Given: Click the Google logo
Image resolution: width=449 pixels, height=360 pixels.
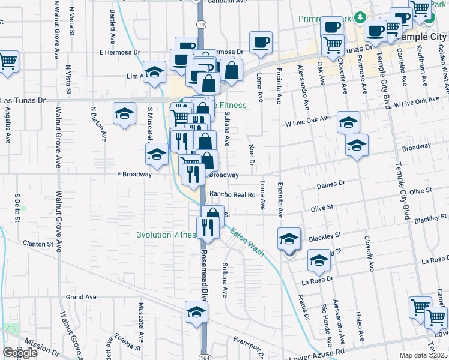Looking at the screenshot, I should pos(20,353).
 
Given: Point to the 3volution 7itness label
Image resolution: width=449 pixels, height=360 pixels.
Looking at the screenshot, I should pos(166,235).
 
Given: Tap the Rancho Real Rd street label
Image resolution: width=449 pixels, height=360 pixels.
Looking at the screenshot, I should pos(233,194).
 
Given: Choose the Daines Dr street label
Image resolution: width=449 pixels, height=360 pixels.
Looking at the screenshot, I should pos(334,182).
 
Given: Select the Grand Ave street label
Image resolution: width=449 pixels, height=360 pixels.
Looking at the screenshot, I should pos(81,297).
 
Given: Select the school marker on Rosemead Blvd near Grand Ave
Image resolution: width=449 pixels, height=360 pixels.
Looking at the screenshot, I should pos(196,312).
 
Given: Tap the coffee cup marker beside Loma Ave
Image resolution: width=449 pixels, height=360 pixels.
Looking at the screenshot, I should pos(261,42).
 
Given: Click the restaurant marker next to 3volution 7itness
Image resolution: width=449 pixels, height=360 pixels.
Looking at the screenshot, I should pos(205,227).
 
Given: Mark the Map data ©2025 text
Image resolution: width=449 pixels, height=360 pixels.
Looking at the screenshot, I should pos(424,355).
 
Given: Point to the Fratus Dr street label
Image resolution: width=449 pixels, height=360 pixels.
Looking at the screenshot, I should pos(302,307).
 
